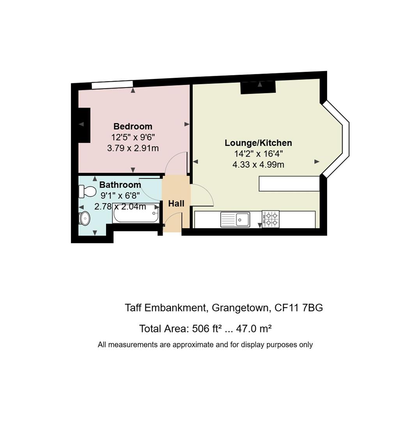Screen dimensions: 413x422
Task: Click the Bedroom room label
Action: pyautogui.click(x=133, y=126)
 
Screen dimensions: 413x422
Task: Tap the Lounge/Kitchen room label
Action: pyautogui.click(x=258, y=143)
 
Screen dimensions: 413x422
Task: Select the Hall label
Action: pyautogui.click(x=176, y=204)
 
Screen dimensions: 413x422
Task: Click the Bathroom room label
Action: pyautogui.click(x=120, y=184)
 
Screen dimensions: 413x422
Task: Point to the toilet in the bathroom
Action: pyautogui.click(x=87, y=191)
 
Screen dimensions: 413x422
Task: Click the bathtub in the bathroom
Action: pyautogui.click(x=136, y=213)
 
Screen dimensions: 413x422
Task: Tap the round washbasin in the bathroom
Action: pyautogui.click(x=85, y=218)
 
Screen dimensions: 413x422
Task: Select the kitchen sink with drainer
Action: pyautogui.click(x=235, y=220)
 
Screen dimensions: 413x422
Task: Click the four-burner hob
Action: pyautogui.click(x=270, y=219)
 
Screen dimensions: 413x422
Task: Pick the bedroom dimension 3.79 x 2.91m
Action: pyautogui.click(x=133, y=148)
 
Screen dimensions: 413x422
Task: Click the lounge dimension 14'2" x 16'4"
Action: pyautogui.click(x=258, y=154)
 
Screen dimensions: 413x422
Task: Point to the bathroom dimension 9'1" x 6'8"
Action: pyautogui.click(x=120, y=196)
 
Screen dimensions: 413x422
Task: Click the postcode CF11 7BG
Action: pyautogui.click(x=299, y=308)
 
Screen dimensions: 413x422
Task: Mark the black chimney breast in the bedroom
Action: pyautogui.click(x=84, y=125)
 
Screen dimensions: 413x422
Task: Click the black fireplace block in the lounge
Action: pyautogui.click(x=258, y=87)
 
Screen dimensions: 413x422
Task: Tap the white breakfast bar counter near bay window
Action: pyautogui.click(x=289, y=184)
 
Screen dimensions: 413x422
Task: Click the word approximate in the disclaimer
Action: pyautogui.click(x=193, y=345)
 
